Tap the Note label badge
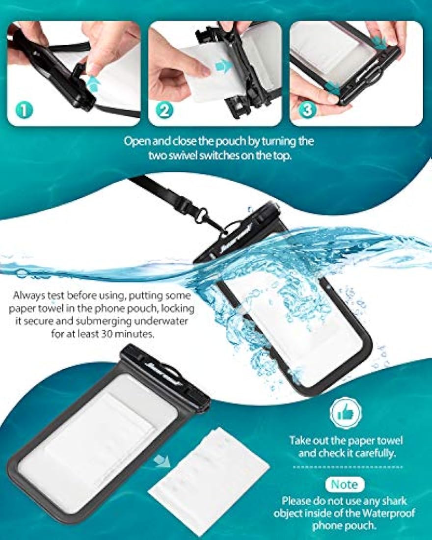345,485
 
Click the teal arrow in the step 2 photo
224,65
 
